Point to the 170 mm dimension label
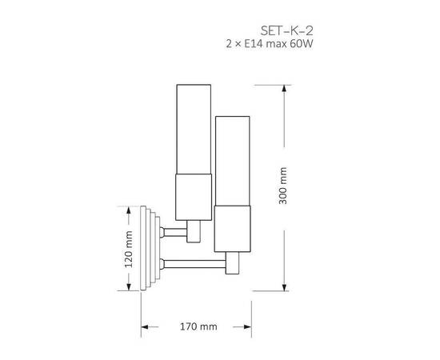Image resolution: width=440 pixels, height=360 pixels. click(x=196, y=328)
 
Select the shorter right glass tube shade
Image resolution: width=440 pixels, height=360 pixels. click(x=233, y=160)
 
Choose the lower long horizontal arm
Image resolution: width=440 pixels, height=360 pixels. click(x=196, y=262)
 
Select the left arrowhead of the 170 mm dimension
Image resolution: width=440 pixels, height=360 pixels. click(x=145, y=328)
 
